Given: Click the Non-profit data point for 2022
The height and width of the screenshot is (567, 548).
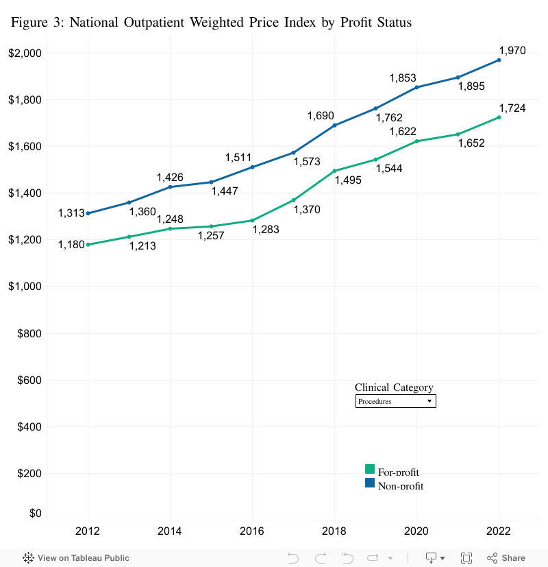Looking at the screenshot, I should [x=499, y=60].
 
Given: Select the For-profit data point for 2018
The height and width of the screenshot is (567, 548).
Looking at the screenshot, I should [x=334, y=171].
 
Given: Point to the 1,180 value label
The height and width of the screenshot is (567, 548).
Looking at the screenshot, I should [x=71, y=244].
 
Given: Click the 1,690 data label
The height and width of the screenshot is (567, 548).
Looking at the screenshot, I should [x=321, y=115].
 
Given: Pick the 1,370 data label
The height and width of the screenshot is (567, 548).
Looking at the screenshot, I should [x=307, y=210].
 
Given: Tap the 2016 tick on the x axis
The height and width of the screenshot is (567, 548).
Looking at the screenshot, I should [x=252, y=531].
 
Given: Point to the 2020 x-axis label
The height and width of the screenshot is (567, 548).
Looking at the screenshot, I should [x=416, y=531].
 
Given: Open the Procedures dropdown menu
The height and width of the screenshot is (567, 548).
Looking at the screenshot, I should [x=396, y=401].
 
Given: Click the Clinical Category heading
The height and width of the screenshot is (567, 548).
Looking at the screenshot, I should [x=394, y=387].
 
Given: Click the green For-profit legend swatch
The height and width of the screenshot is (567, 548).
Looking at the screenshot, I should [x=370, y=469].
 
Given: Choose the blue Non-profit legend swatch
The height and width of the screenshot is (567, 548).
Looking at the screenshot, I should [x=370, y=483].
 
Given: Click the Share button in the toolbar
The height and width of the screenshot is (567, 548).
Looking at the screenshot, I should [x=506, y=558].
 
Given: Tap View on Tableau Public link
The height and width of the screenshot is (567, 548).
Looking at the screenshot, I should [x=76, y=558].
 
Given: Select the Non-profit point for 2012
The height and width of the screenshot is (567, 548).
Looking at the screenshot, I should [x=88, y=213].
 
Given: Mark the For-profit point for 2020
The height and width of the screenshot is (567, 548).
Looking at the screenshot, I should [x=416, y=141].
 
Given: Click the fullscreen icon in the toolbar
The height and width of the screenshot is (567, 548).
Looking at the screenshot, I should [x=466, y=558].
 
